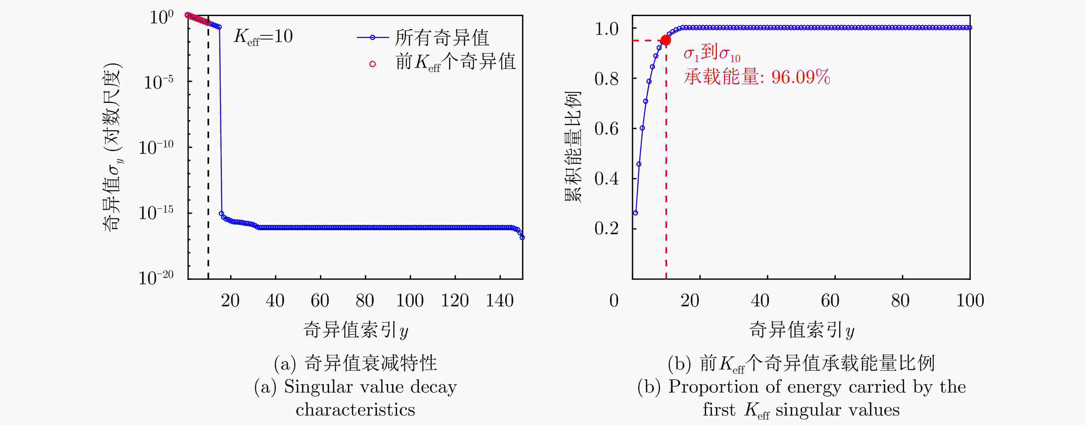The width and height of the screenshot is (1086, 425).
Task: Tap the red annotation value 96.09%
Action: pos(801,78)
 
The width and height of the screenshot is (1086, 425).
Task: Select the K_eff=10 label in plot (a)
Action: pos(263,37)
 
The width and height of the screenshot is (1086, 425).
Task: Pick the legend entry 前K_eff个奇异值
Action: pos(455,62)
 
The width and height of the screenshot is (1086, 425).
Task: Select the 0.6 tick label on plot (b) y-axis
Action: pos(606,129)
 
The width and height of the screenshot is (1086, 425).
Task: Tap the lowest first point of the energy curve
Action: pos(635,213)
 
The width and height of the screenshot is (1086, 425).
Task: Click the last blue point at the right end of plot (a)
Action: pos(522,237)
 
